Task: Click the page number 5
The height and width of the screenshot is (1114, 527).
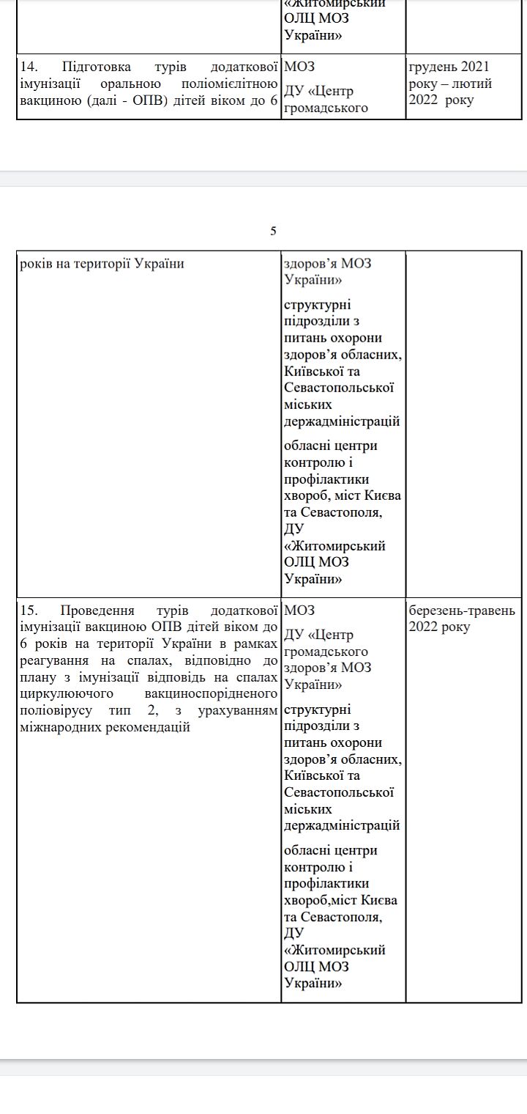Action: tap(273, 232)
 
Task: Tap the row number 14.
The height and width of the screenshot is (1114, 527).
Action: tap(28, 67)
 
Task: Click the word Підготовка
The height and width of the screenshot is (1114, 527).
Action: tap(97, 67)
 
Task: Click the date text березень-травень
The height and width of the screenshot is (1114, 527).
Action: tap(462, 611)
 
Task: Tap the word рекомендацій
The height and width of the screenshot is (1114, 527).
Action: tap(147, 728)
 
